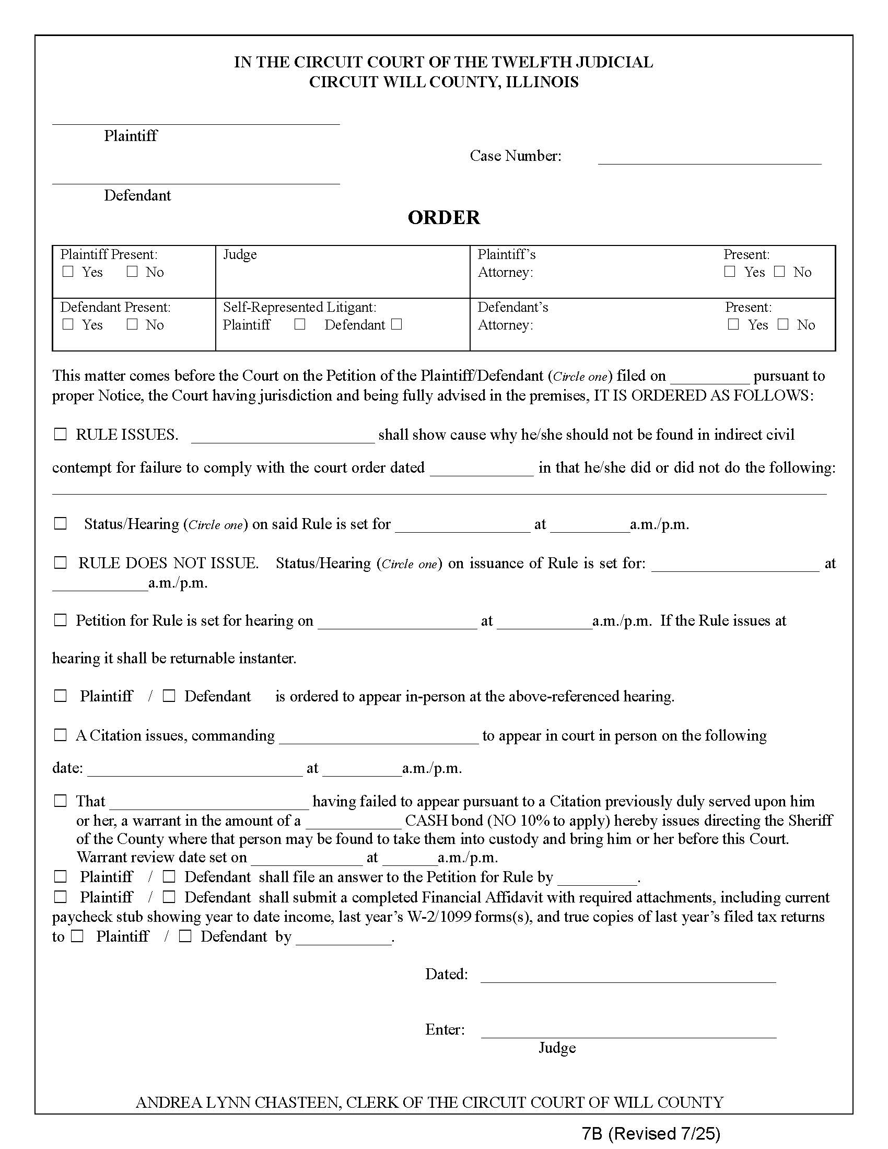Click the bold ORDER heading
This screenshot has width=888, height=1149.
point(443,217)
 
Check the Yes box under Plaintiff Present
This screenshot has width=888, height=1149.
point(68,272)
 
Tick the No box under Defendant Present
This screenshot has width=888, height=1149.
point(132,324)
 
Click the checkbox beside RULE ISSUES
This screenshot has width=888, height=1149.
point(61,435)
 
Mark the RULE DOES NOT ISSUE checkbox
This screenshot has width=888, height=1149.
point(61,563)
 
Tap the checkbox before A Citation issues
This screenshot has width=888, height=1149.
point(61,735)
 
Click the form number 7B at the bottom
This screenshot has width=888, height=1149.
point(591,1133)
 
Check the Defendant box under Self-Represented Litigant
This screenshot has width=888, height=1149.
point(397,325)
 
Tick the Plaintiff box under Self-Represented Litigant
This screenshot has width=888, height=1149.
point(300,325)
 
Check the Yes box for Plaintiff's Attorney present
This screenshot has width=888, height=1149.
point(730,272)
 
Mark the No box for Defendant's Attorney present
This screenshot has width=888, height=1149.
point(783,324)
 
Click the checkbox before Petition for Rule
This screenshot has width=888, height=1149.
point(61,620)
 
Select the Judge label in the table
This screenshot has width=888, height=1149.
point(240,255)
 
